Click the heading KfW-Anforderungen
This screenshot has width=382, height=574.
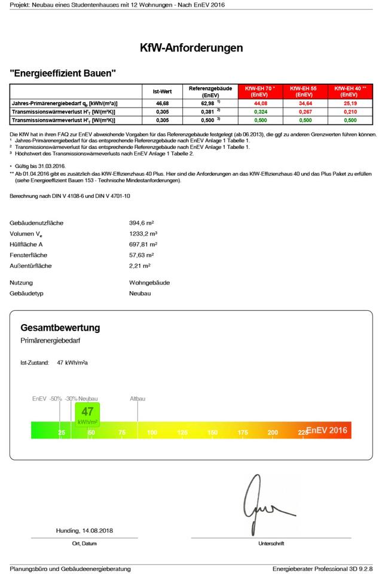[191, 48]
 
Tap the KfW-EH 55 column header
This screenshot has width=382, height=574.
[304, 91]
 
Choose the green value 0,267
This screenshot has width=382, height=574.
[304, 112]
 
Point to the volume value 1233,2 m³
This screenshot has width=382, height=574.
[143, 234]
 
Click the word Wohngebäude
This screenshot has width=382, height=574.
[149, 283]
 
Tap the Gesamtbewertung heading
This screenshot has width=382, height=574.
[60, 328]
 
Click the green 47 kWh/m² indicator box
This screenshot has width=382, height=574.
[87, 414]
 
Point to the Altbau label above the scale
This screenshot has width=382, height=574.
[137, 398]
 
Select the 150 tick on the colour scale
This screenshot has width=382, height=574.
[212, 432]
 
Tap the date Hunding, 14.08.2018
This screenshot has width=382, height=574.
[84, 530]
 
